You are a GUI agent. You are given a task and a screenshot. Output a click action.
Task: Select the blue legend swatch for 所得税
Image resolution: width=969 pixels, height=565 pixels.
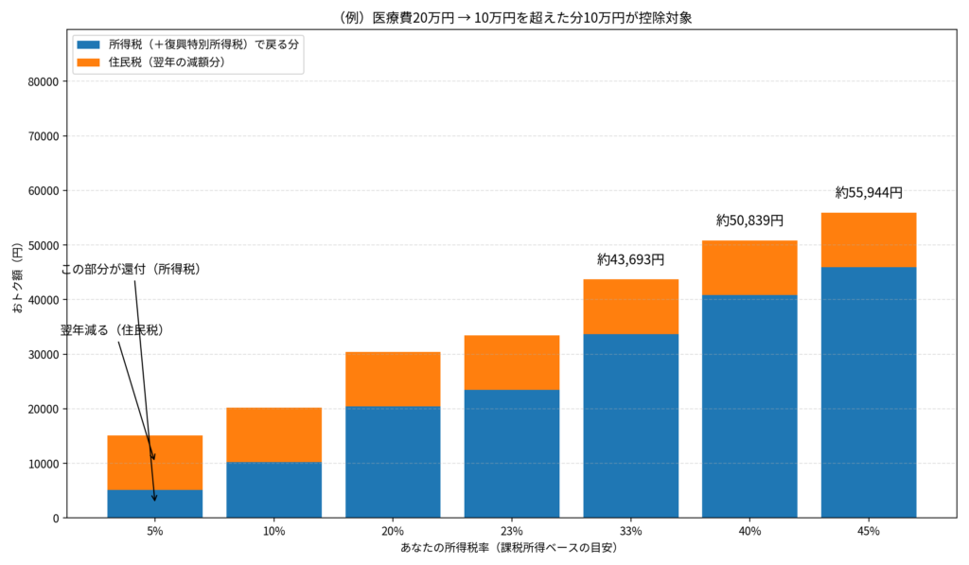88,44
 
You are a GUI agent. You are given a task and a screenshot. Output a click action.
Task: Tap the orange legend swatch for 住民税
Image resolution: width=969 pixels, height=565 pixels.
88,62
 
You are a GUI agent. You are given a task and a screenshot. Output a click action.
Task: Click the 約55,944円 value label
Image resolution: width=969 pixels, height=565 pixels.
869,193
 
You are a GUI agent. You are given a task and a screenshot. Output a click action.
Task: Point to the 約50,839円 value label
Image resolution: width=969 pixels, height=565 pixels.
749,221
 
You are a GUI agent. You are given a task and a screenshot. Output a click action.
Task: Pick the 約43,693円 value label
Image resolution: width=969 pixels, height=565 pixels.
630,259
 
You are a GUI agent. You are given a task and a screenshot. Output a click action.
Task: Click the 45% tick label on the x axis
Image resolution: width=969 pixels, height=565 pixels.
869,531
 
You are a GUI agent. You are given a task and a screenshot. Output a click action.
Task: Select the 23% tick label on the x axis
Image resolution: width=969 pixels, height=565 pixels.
512,531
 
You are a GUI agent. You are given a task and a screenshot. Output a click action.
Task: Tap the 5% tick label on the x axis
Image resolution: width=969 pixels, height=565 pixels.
155,531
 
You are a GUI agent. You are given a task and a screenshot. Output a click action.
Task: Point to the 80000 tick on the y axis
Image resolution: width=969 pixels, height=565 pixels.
43,81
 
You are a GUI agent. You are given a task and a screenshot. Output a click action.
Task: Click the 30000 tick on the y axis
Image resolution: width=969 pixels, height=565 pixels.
43,355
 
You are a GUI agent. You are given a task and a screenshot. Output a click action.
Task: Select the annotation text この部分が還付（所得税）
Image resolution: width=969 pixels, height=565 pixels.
131,270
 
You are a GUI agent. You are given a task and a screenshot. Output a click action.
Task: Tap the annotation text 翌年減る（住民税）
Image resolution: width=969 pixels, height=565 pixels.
113,330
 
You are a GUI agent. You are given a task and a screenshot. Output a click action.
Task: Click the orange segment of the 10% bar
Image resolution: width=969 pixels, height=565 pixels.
274,434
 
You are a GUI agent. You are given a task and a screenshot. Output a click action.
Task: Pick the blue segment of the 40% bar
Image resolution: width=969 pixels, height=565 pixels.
749,407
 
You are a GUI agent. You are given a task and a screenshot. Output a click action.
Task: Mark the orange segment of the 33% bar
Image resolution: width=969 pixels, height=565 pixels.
630,307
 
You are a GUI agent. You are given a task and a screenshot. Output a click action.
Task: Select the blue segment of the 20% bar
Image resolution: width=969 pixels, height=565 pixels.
393,462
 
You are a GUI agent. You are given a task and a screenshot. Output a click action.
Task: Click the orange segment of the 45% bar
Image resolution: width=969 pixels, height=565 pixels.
869,239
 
